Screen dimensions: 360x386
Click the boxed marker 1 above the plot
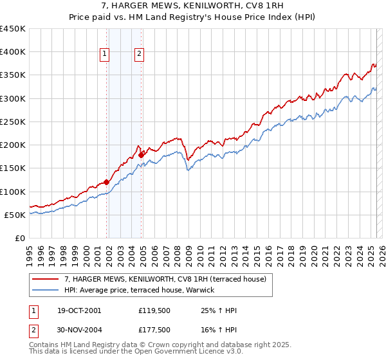pyautogui.click(x=105, y=55)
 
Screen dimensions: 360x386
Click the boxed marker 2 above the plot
pyautogui.click(x=139, y=55)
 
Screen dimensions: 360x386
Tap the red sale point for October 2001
pyautogui.click(x=107, y=183)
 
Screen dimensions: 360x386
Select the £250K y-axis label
pyautogui.click(x=13, y=122)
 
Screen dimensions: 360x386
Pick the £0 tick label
pyautogui.click(x=21, y=238)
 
